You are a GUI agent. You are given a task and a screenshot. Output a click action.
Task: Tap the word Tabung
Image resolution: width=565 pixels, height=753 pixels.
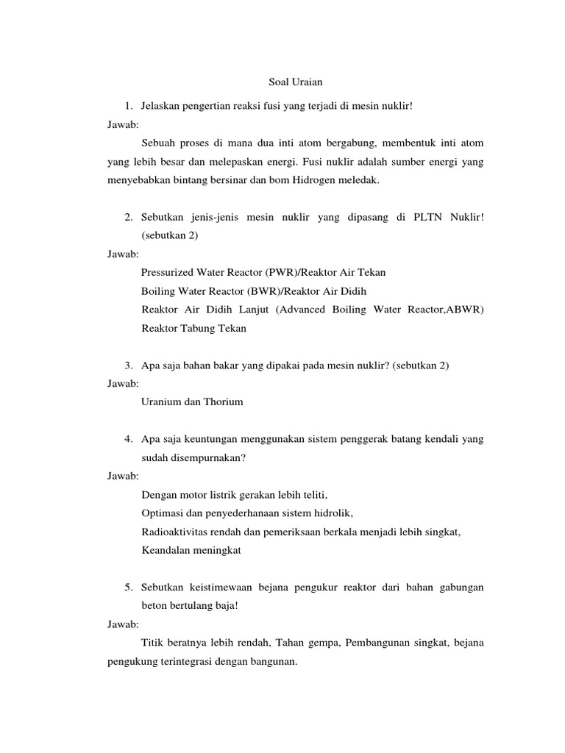[x=200, y=329]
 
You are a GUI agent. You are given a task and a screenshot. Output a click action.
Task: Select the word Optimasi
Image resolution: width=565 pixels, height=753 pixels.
[x=162, y=513]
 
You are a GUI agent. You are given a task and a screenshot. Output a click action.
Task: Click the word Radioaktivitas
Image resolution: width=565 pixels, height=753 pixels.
[x=175, y=532]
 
